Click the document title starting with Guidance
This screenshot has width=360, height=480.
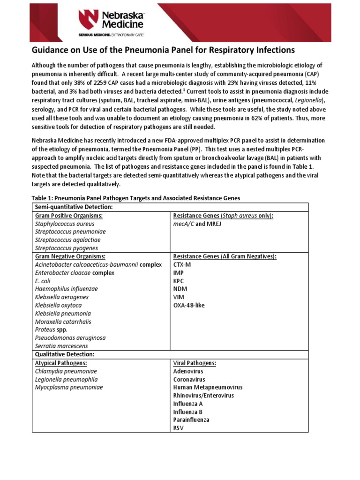163,50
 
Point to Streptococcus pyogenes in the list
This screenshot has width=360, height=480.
66,248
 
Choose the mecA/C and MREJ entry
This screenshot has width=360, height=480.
197,224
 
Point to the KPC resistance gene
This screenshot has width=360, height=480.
180,281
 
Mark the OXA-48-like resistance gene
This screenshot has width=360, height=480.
189,305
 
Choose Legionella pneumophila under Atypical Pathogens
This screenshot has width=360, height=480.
66,379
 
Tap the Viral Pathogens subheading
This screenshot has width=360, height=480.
194,363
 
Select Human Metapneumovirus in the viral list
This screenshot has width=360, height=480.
208,387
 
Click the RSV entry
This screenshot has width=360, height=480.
179,427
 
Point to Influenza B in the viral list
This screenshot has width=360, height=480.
188,412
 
